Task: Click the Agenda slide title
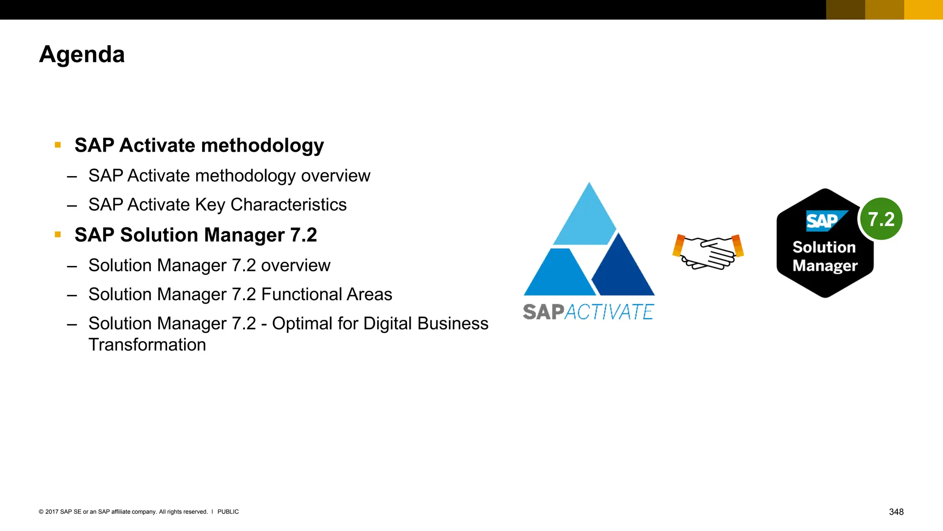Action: (82, 54)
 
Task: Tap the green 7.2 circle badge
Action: (881, 219)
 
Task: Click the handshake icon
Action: (708, 252)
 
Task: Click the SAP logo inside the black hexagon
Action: (824, 221)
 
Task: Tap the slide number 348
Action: (896, 512)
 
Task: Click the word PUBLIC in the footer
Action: (228, 512)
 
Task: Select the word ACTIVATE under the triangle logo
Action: (609, 312)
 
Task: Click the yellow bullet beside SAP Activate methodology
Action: (58, 145)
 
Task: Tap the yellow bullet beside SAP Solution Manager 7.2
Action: (58, 235)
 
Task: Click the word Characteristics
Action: (288, 205)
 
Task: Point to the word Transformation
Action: (147, 345)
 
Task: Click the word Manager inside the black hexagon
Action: (825, 266)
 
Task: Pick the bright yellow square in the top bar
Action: (923, 10)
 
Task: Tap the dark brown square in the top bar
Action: (845, 10)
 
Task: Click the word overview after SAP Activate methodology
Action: (335, 176)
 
